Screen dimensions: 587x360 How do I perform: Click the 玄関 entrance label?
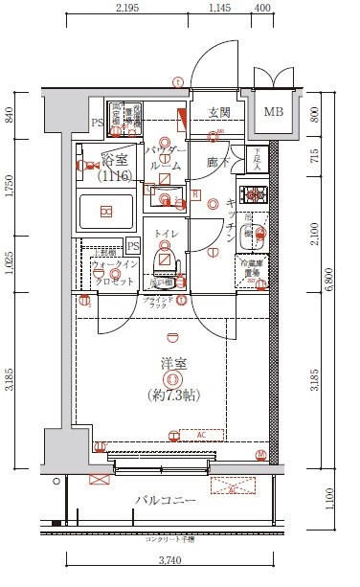pos(218,111)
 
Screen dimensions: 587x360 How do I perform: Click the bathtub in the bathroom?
pos(106,210)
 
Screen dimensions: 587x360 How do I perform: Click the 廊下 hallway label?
pos(218,164)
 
